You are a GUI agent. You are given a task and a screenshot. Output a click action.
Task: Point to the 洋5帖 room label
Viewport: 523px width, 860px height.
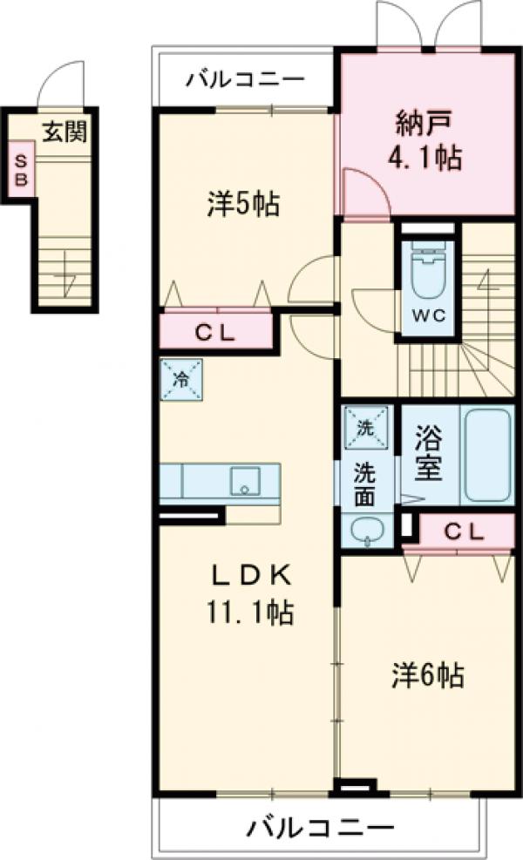click(243, 205)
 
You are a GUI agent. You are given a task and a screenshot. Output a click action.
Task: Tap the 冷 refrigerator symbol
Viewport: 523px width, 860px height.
click(182, 380)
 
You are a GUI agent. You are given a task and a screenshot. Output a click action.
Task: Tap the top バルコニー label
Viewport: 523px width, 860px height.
click(245, 80)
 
